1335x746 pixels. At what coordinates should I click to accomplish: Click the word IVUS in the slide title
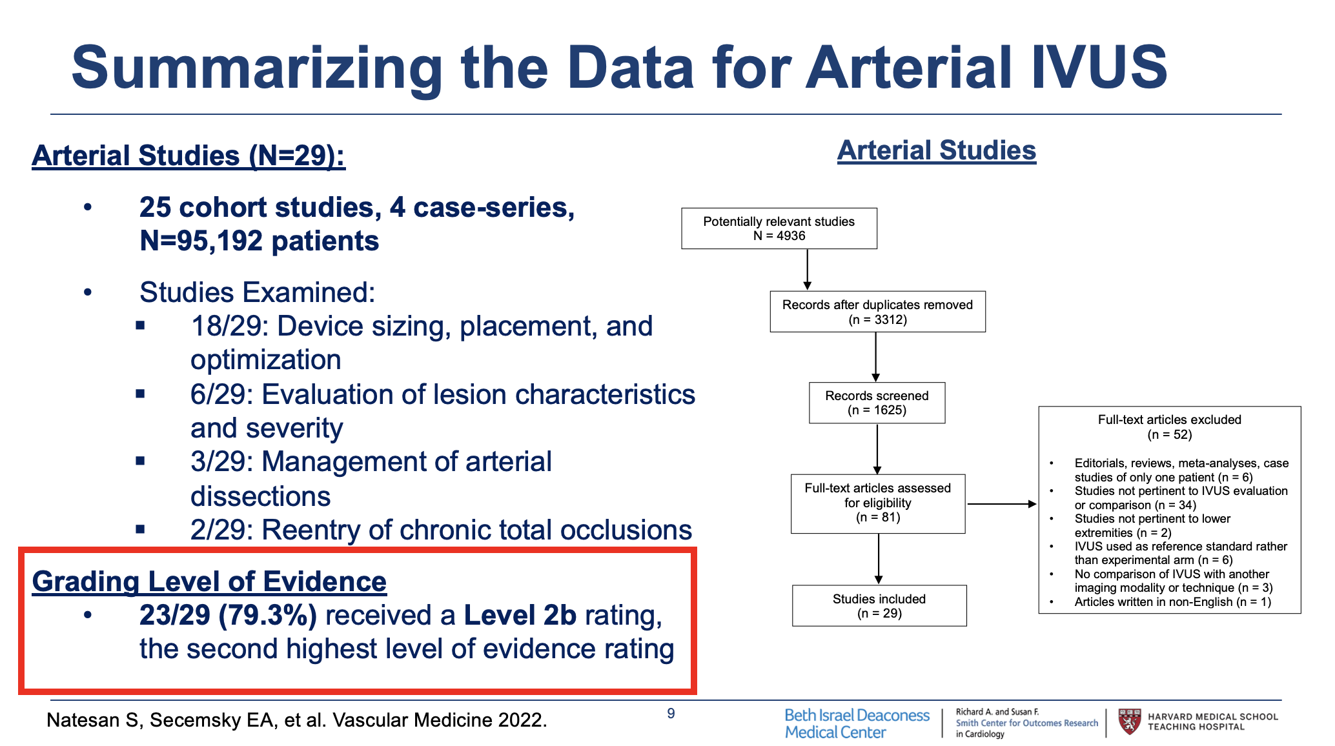[x=1099, y=68]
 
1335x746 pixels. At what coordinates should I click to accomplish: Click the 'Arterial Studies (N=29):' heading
[x=189, y=156]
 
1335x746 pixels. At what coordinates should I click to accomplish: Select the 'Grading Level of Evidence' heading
[x=209, y=581]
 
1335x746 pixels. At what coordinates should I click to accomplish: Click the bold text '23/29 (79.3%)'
[x=228, y=616]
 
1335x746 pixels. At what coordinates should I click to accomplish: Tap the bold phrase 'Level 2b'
[x=520, y=616]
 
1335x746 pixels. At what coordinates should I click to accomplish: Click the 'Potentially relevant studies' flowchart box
[x=779, y=228]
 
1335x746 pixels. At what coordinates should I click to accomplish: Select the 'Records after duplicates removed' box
[x=877, y=312]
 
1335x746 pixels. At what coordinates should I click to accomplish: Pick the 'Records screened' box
[x=877, y=403]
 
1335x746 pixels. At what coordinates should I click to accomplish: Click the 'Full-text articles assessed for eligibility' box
[x=877, y=503]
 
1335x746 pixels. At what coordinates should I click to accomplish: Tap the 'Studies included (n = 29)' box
[x=879, y=605]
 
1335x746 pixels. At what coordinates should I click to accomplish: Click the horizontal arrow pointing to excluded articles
[x=1001, y=504]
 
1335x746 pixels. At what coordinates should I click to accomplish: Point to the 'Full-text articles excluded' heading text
[x=1169, y=420]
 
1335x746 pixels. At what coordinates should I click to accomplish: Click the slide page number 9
[x=671, y=713]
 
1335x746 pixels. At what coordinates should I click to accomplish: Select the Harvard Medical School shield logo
[x=1129, y=722]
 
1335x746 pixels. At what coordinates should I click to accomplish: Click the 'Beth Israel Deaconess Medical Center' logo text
[x=857, y=723]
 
